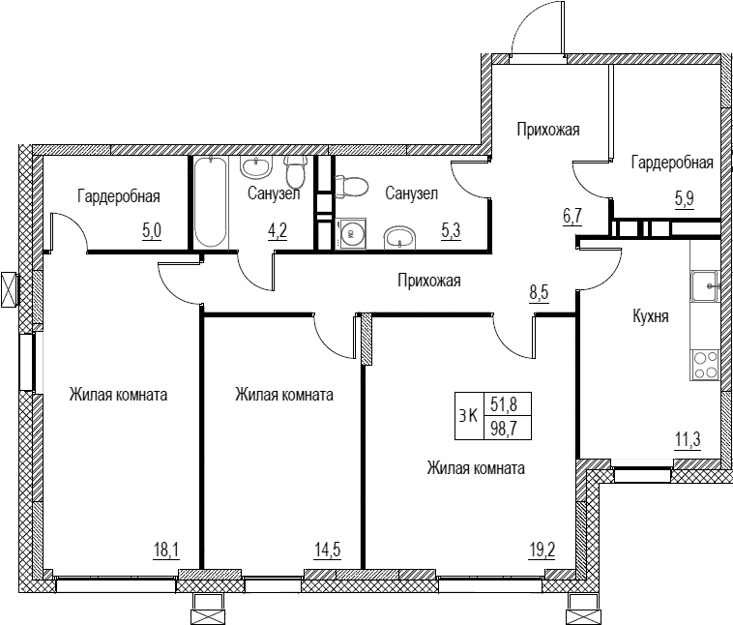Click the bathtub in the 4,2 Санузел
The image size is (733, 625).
[x=211, y=202]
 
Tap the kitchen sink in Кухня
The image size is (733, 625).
[x=705, y=285]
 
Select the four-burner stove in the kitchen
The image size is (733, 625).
[x=705, y=365]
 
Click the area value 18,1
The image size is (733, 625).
[x=166, y=551]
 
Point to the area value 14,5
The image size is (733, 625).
[x=327, y=551]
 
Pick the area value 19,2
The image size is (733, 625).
[x=542, y=551]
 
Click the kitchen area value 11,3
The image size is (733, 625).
[x=688, y=440]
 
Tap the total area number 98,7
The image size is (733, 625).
[x=504, y=428]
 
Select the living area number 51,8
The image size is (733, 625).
[x=504, y=404]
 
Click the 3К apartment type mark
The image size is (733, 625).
[x=468, y=415]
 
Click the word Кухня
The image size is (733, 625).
[x=650, y=316]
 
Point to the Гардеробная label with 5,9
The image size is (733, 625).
[x=672, y=163]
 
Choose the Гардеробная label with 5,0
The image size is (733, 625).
[x=119, y=196]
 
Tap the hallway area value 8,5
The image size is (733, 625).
[x=539, y=293]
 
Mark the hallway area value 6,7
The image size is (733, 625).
[x=572, y=216]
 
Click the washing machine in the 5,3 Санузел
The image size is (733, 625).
[x=351, y=233]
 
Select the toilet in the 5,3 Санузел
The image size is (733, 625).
[x=352, y=187]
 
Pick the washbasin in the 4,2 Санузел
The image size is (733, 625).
[x=255, y=166]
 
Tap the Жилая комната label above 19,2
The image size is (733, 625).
[x=476, y=468]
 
